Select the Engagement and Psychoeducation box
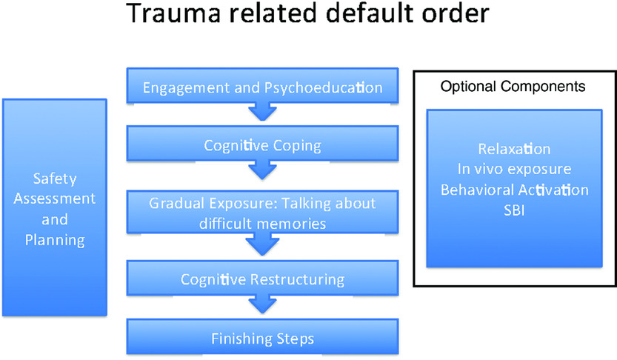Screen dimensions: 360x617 click(x=262, y=87)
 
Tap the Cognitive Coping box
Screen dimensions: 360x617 click(x=262, y=145)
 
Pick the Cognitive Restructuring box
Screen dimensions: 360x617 click(x=262, y=279)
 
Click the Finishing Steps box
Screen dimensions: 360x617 click(x=262, y=338)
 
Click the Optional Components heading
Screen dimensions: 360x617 click(x=513, y=87)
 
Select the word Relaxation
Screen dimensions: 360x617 click(x=514, y=149)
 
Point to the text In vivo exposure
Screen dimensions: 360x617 click(x=514, y=170)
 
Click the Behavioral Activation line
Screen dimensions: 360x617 click(x=514, y=190)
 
